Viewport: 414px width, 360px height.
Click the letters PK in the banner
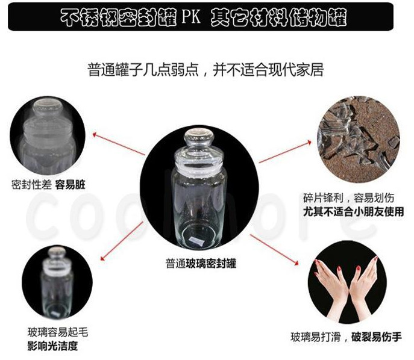pos(191,17)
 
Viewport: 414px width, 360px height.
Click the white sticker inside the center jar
pos(196,241)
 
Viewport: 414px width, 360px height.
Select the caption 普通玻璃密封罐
pos(201,264)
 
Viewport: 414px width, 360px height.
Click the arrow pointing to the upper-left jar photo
pos(119,144)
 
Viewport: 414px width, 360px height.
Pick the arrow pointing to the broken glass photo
pos(285,152)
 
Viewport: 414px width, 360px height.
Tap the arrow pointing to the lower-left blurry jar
pos(122,241)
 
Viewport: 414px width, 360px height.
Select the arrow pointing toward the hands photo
pos(274,249)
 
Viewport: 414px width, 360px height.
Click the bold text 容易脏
pos(71,185)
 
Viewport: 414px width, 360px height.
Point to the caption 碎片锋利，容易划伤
pos(348,198)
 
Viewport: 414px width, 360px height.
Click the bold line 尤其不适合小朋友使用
pos(353,211)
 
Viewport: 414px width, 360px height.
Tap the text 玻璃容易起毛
pos(58,332)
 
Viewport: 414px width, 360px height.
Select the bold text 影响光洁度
pos(52,346)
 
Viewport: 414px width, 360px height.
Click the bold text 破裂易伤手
pos(376,337)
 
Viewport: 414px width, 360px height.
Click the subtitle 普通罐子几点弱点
pos(143,70)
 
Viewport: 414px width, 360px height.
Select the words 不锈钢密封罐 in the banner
pos(119,17)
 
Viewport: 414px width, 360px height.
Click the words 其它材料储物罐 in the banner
pos(278,17)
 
